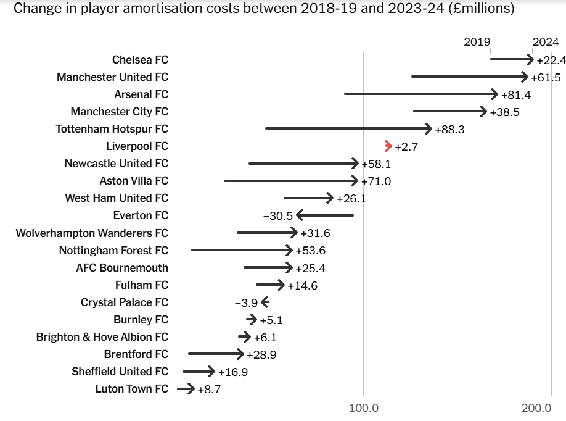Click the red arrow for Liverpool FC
pos(388,146)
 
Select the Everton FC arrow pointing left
pos(324,215)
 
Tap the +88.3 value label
pos(449,130)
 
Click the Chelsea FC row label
pos(140,60)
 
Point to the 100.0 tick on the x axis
pos(363,408)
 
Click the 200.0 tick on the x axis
pos(536,408)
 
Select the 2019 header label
pos(477,42)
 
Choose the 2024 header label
pos(546,42)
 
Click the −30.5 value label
pos(277,216)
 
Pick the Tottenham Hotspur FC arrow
pos(348,128)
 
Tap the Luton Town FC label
pos(131,389)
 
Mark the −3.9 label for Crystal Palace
pos(246,302)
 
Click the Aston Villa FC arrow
pos(290,181)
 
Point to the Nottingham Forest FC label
pos(113,251)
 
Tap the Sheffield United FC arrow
pos(199,371)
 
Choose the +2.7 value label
pos(407,147)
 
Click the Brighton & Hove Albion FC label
pos(102,337)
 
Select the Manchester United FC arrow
pos(470,77)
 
